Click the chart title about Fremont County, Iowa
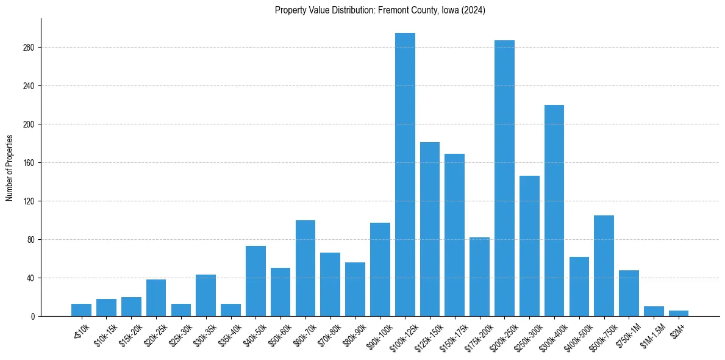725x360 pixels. (x=380, y=10)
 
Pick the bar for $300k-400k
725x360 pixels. (x=554, y=211)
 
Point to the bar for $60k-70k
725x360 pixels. (x=305, y=268)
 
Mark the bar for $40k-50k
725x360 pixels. (x=255, y=281)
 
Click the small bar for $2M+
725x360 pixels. (x=679, y=313)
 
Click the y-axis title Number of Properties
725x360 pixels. (x=9, y=168)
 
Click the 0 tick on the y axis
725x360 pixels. (x=35, y=317)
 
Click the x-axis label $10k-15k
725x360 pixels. (x=104, y=332)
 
